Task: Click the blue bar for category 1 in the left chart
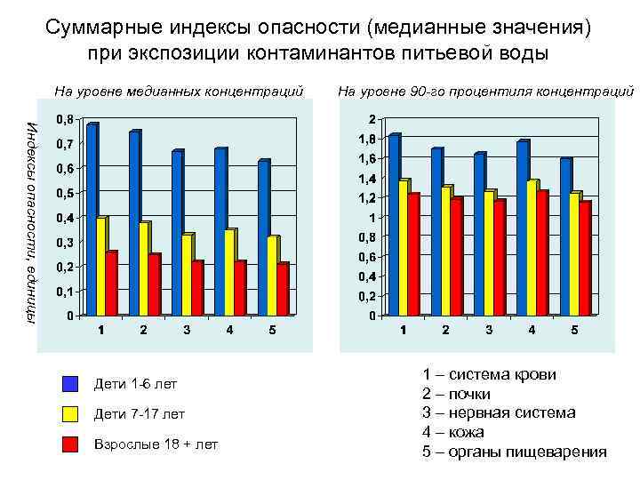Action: (x=91, y=220)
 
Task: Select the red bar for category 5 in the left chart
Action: (x=282, y=290)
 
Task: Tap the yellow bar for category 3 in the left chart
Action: (x=187, y=276)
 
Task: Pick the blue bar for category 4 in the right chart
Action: (x=522, y=228)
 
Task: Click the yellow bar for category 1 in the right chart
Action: (x=404, y=248)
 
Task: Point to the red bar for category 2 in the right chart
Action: (x=456, y=257)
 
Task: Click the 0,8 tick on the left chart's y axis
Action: (x=65, y=118)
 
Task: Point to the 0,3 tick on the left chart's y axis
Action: (x=65, y=242)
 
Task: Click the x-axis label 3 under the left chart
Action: (x=187, y=331)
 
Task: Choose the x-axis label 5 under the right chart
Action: (x=574, y=331)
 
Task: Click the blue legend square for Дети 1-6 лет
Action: (x=71, y=384)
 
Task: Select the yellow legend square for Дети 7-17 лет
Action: (x=71, y=413)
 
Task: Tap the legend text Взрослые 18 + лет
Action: (x=155, y=444)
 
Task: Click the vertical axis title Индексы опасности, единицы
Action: (x=32, y=222)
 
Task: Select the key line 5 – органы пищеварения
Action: (x=514, y=452)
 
